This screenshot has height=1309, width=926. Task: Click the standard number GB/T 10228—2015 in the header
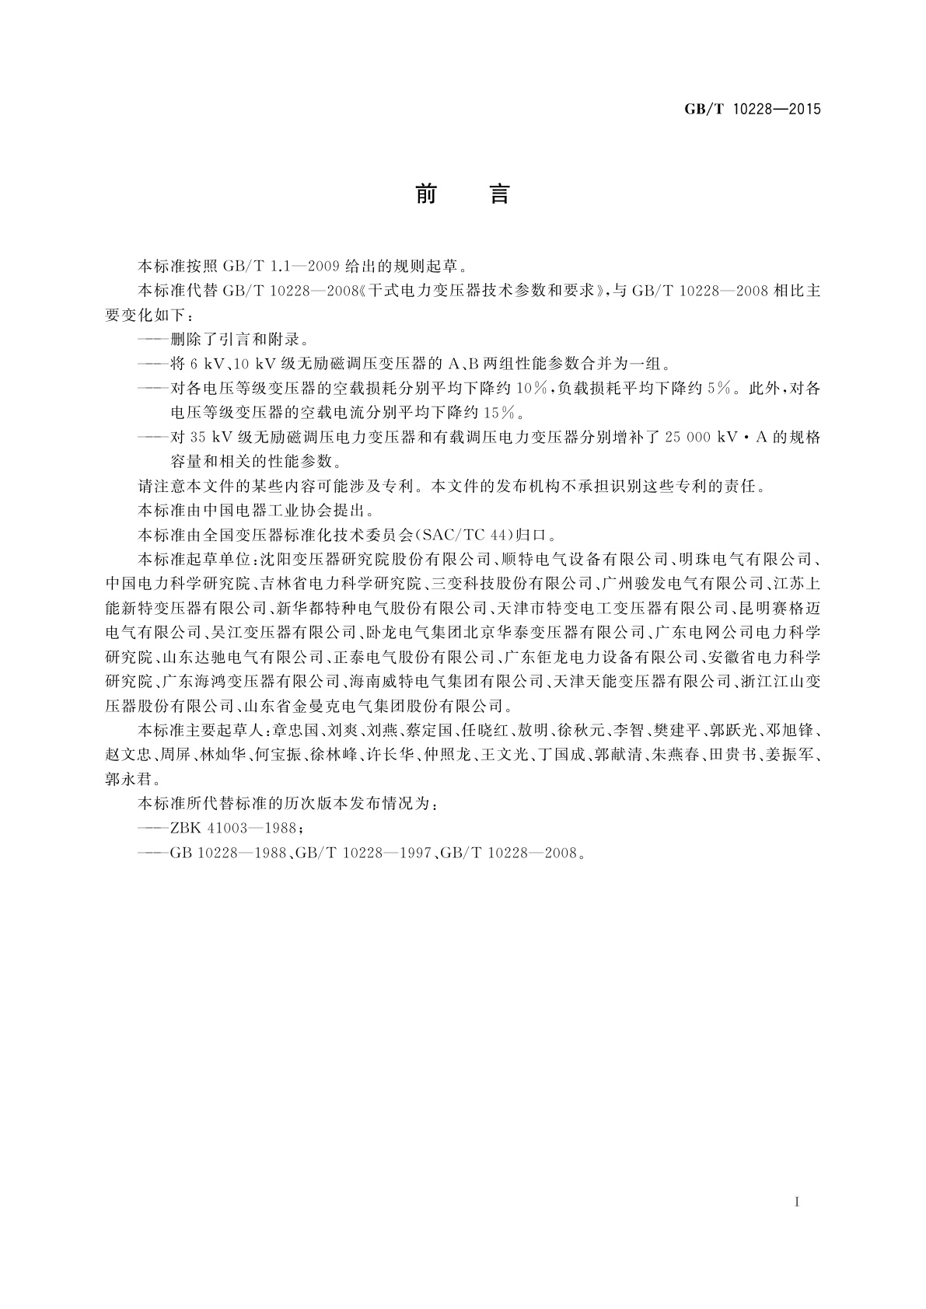pos(753,109)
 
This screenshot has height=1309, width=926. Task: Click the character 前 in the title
pos(426,194)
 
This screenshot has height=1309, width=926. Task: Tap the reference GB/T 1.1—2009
pos(270,266)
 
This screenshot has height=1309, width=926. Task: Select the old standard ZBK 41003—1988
pos(232,827)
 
